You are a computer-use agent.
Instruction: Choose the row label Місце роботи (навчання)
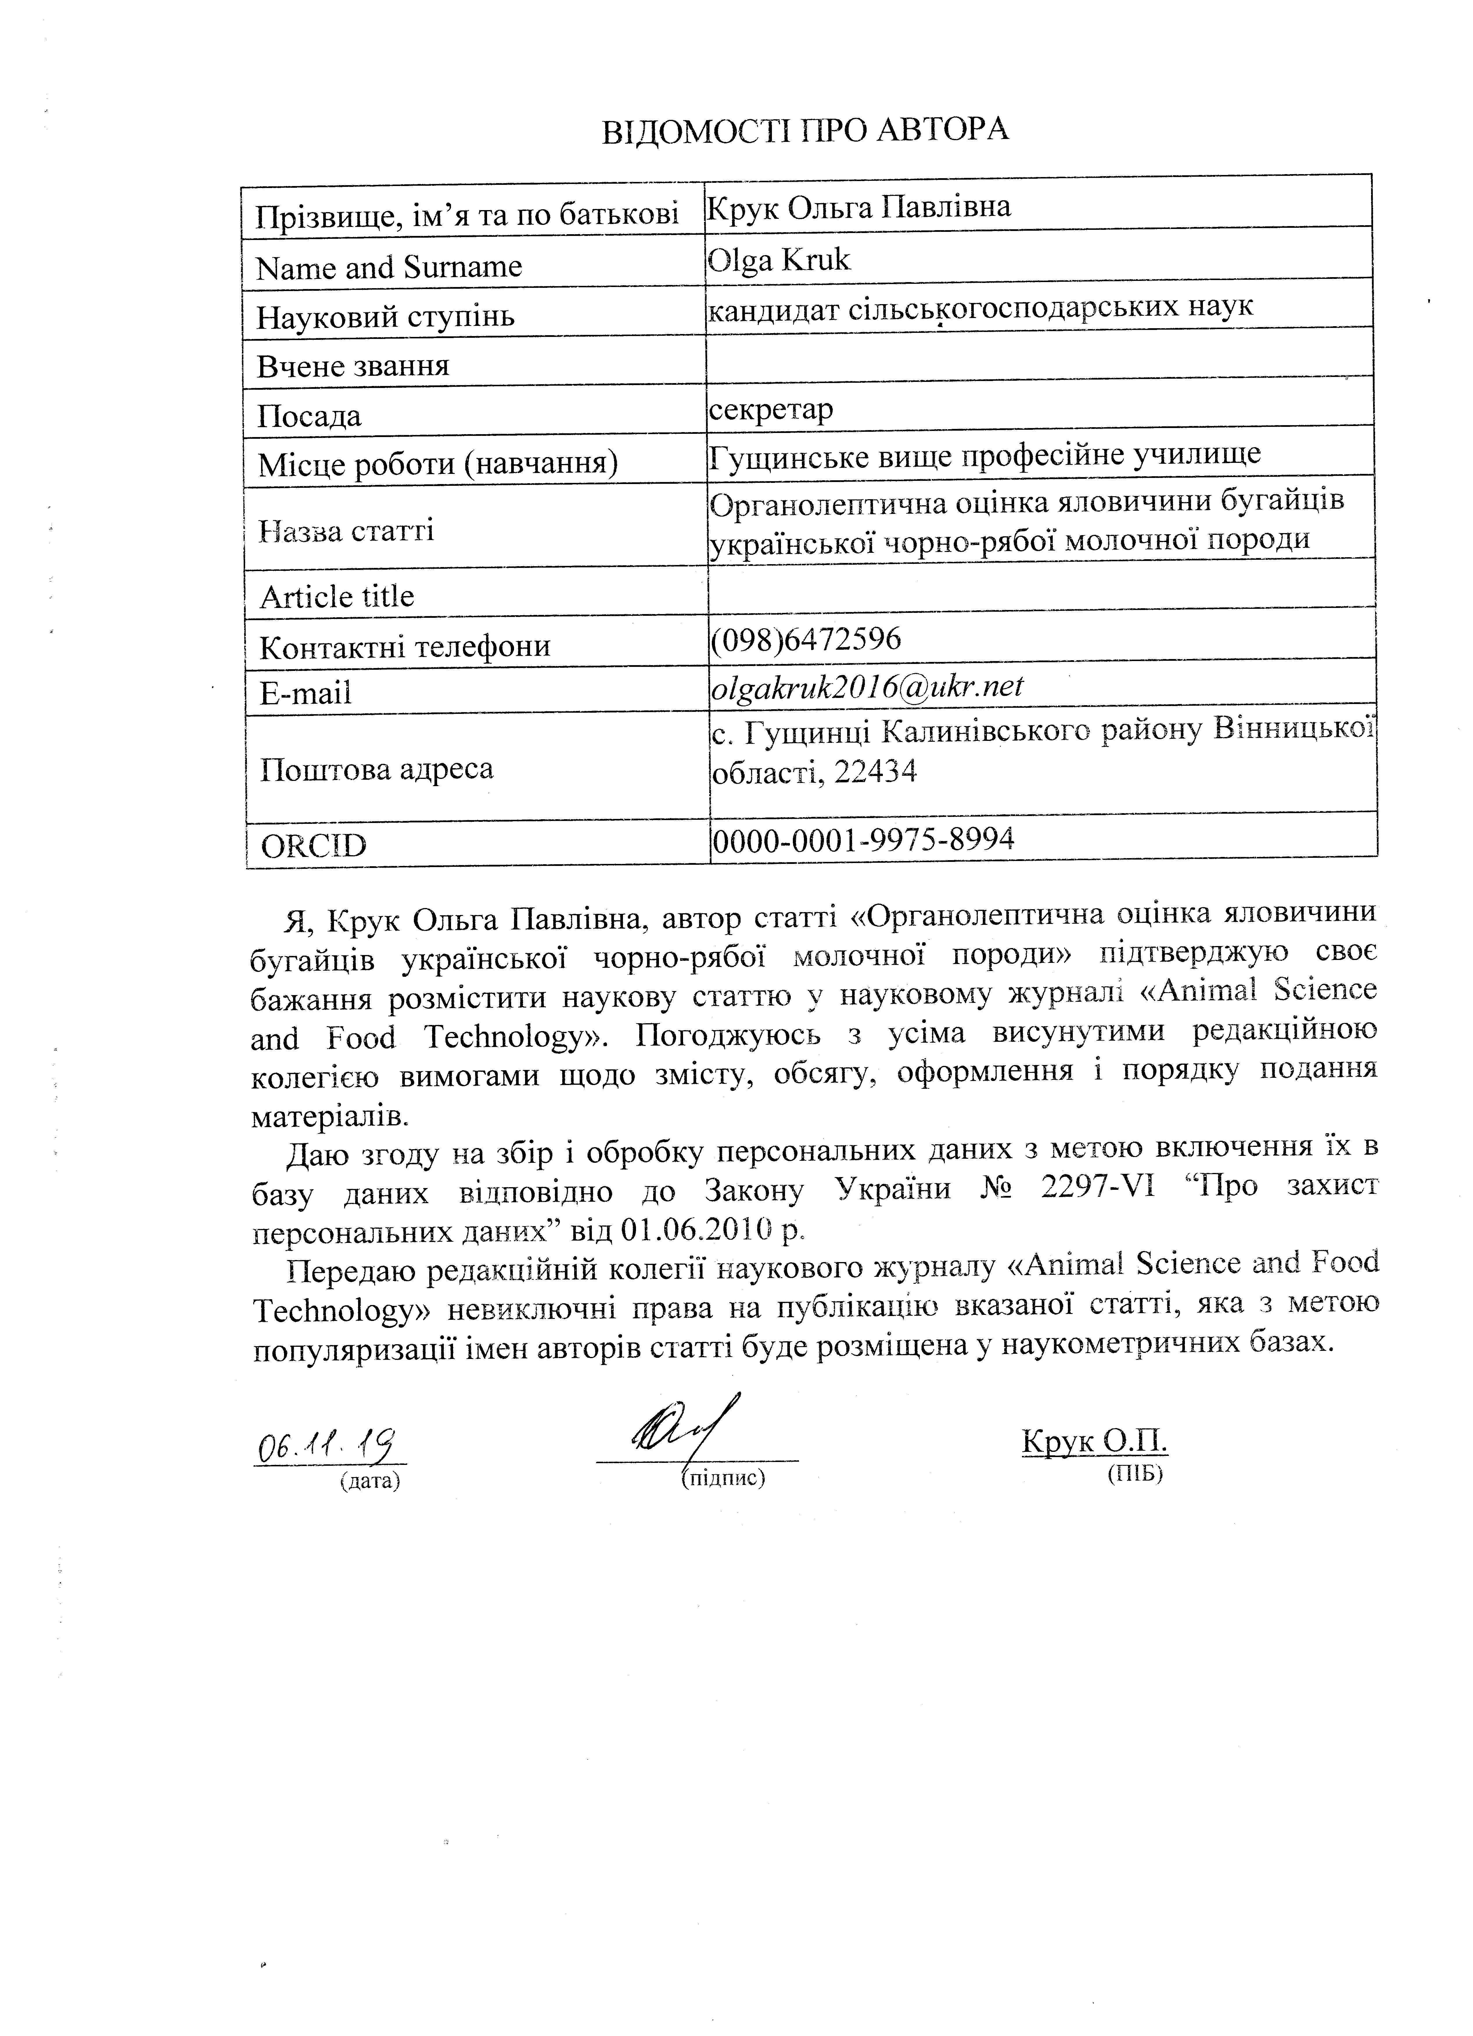pyautogui.click(x=437, y=464)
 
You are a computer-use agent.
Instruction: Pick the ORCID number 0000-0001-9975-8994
pyautogui.click(x=863, y=839)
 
